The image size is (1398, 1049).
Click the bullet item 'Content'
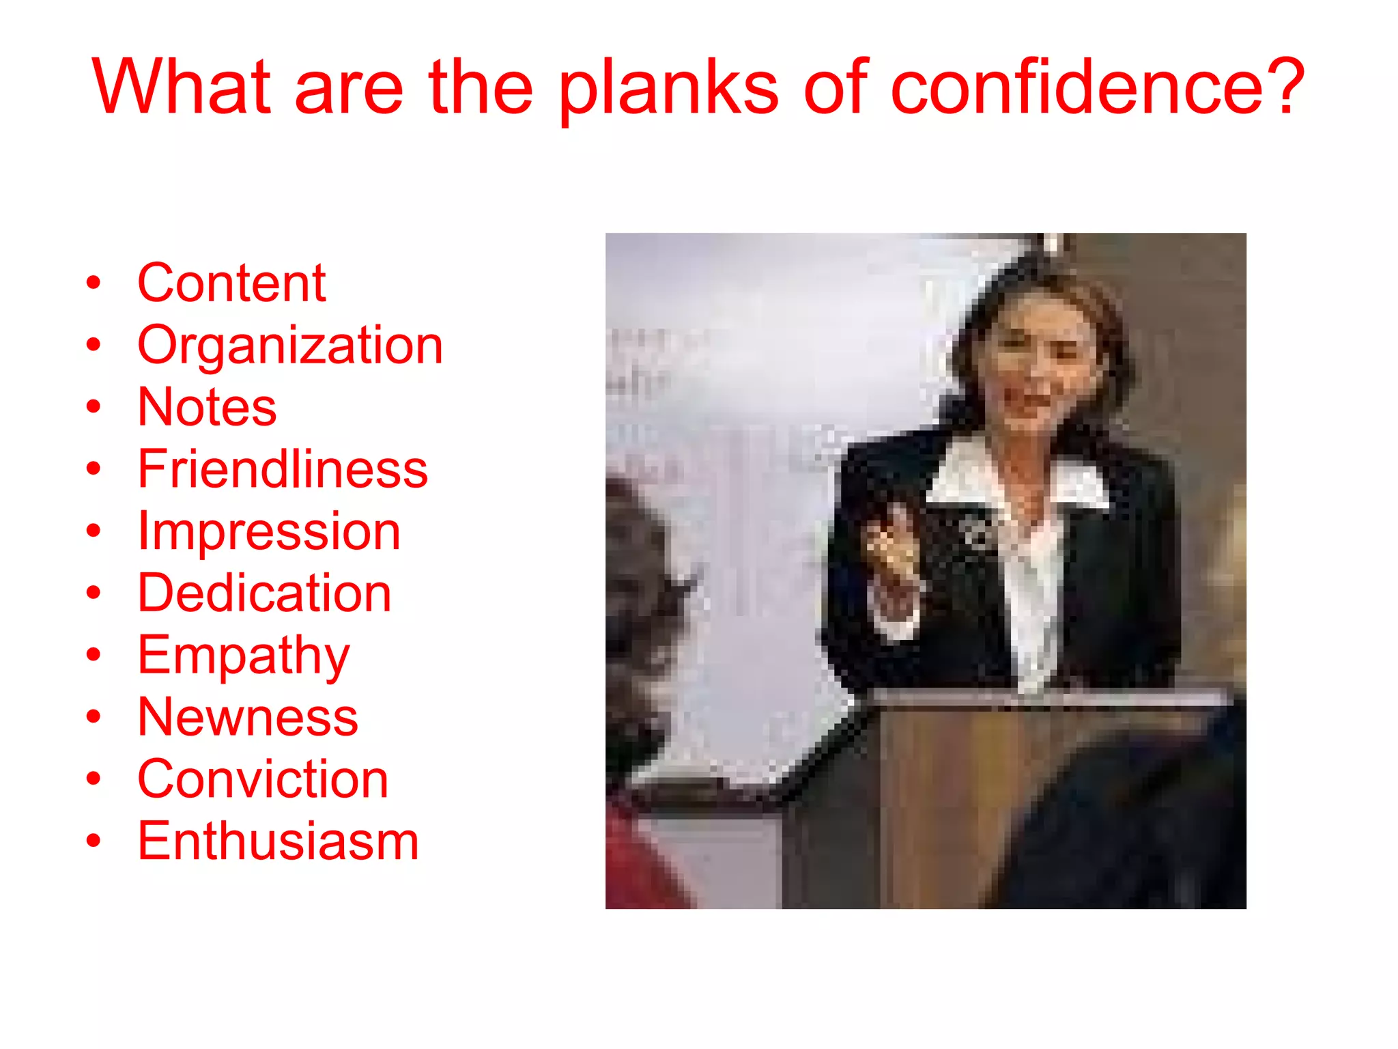[x=231, y=283]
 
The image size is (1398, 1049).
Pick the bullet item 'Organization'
[x=290, y=345]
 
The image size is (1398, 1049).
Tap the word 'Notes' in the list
[x=207, y=407]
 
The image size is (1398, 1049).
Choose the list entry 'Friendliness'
[x=283, y=469]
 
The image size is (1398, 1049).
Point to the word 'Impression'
[x=269, y=531]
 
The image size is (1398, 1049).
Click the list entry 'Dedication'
[x=264, y=593]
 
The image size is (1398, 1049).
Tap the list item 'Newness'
[x=248, y=717]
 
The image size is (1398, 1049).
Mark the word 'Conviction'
[x=263, y=779]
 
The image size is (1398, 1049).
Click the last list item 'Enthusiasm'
[x=278, y=841]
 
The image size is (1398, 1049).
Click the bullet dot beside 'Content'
[x=94, y=283]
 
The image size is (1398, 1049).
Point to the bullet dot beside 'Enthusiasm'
[x=94, y=841]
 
